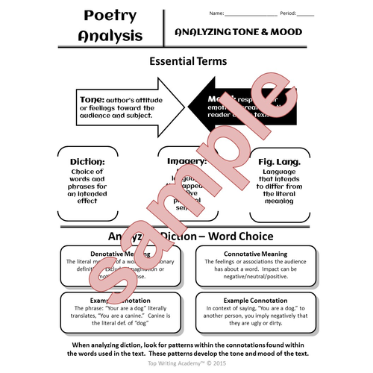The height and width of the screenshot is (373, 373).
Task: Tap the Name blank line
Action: click(x=251, y=13)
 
